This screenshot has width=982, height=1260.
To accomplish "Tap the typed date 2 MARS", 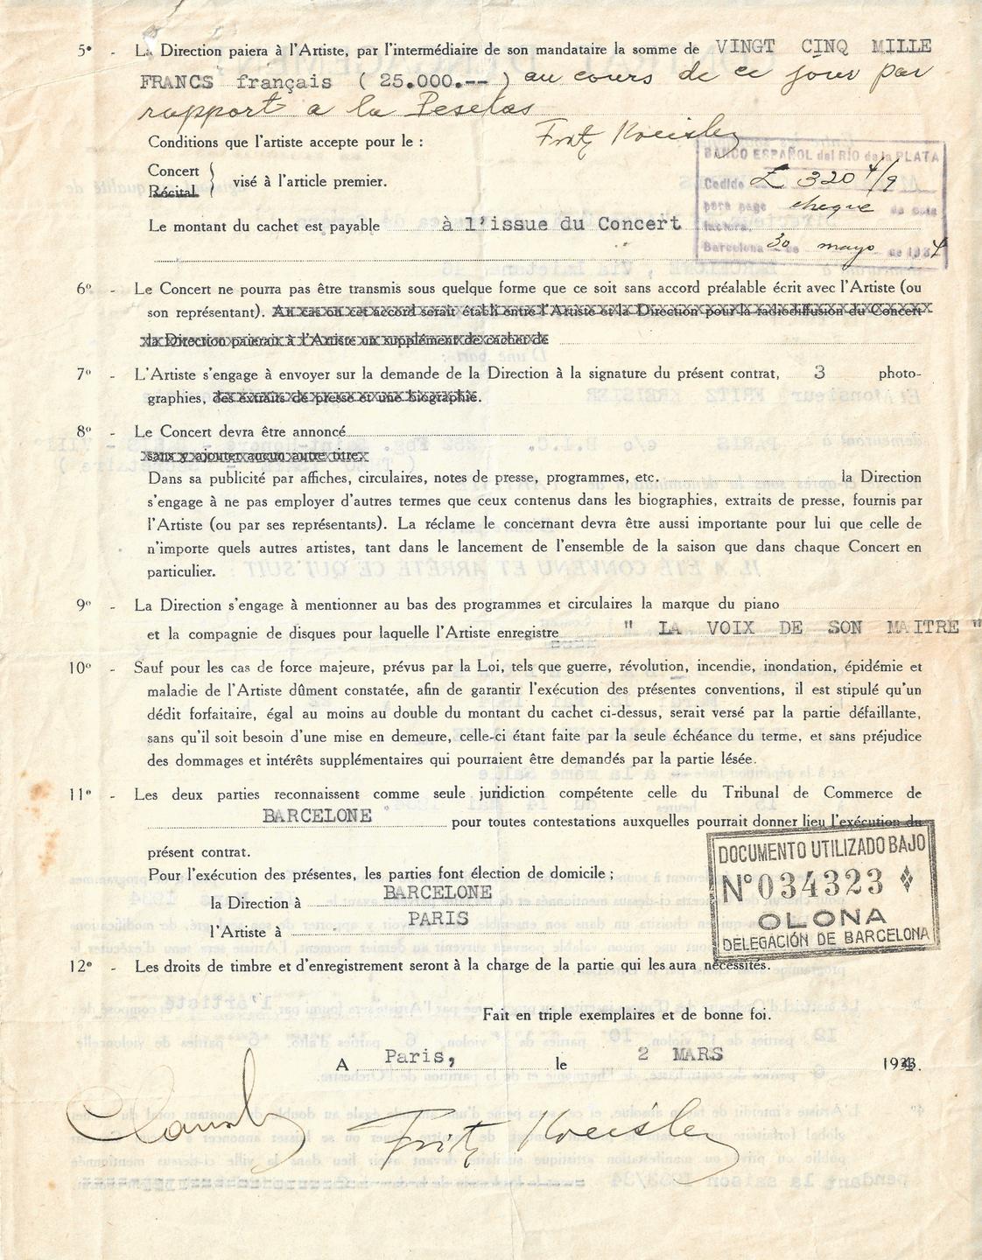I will (680, 1054).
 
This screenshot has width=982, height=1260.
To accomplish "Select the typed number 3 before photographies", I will (818, 372).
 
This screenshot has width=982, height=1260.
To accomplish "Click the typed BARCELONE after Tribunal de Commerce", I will (318, 815).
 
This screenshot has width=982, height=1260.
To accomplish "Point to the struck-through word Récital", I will (173, 191).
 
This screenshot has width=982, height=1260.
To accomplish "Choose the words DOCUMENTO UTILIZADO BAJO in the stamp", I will (824, 850).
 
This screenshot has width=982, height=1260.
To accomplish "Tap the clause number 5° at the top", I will (84, 51).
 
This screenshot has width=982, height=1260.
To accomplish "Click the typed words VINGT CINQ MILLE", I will (824, 46).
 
